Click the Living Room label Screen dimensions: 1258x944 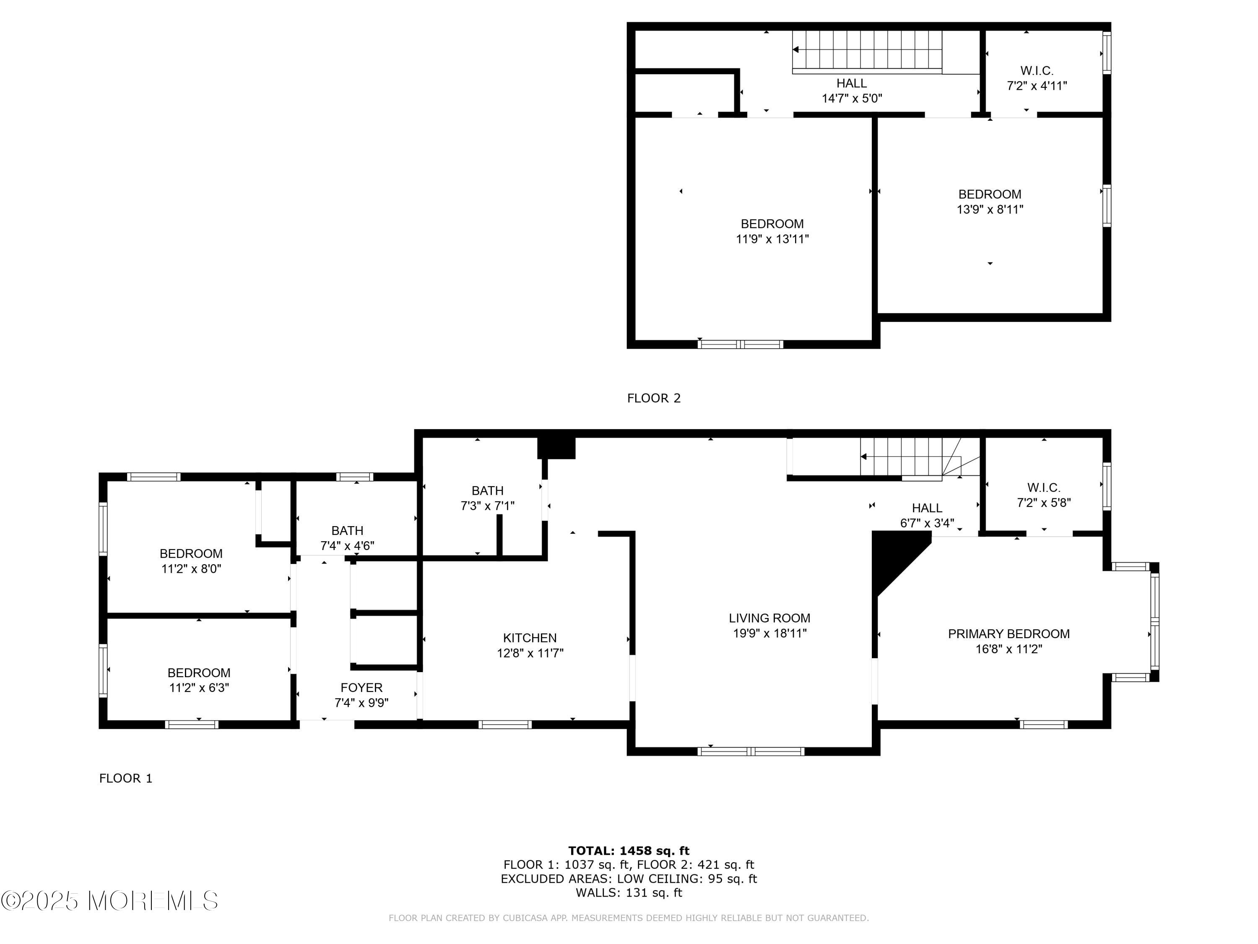click(x=769, y=618)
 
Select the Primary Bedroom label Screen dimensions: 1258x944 click(x=1008, y=634)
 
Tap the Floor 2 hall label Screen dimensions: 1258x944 click(x=851, y=83)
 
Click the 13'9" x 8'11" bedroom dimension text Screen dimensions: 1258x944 click(x=990, y=209)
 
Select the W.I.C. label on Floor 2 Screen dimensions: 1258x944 click(x=1037, y=70)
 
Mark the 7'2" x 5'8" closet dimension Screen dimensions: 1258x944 click(x=1044, y=503)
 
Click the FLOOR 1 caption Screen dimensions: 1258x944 click(x=126, y=778)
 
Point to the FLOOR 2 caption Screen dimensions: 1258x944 click(x=653, y=398)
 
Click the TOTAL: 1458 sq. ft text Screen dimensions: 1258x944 click(x=629, y=851)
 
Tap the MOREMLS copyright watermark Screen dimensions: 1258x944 click(x=109, y=901)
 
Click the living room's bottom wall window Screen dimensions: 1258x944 click(x=751, y=751)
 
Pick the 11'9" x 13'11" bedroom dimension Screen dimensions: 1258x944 click(x=772, y=239)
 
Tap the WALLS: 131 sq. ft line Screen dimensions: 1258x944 click(x=629, y=893)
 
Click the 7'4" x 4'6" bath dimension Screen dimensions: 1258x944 click(x=347, y=546)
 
